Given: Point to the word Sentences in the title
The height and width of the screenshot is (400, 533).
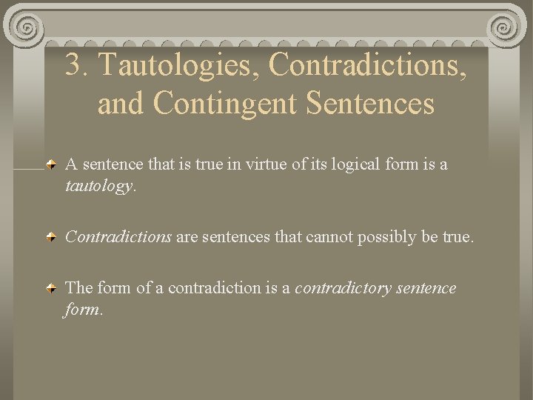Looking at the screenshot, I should [x=370, y=104].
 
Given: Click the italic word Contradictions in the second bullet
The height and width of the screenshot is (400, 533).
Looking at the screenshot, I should [x=118, y=237].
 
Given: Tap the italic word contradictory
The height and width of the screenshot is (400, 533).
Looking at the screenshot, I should [x=342, y=287].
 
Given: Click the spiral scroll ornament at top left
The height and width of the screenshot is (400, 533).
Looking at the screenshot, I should [x=27, y=28].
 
